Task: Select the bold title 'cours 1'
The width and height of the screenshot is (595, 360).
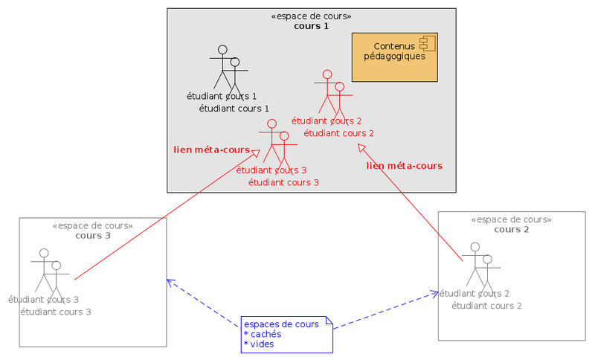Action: click(x=311, y=26)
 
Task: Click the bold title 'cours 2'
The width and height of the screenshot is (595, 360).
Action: click(x=512, y=229)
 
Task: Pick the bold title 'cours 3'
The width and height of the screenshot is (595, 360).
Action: click(x=93, y=236)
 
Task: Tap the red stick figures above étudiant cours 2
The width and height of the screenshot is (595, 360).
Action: click(x=332, y=93)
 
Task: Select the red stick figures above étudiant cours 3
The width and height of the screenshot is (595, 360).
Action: click(x=277, y=142)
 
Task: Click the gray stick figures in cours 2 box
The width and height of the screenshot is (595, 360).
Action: click(x=480, y=266)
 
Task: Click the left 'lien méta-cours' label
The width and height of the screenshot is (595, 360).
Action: click(x=211, y=150)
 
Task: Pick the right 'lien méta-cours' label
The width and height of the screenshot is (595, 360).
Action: click(x=405, y=166)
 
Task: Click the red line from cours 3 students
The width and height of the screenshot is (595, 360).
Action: click(x=164, y=216)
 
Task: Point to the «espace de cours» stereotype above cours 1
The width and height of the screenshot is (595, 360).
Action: click(x=312, y=16)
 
